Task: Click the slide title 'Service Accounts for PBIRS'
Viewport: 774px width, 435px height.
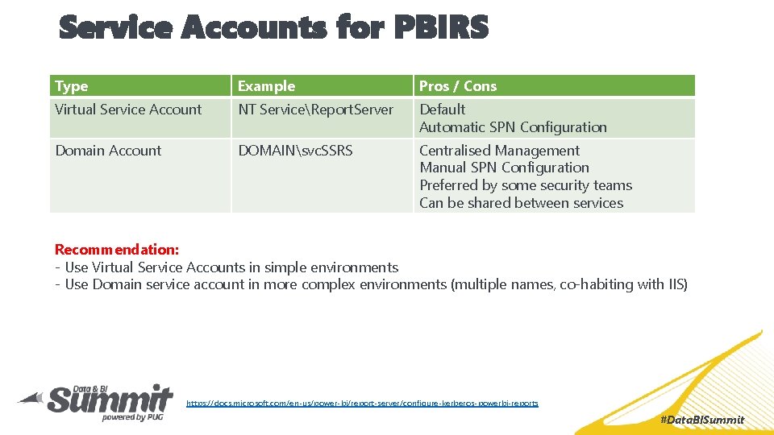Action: click(274, 28)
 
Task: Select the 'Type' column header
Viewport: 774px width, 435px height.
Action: click(72, 86)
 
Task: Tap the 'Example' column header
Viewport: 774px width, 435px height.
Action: click(266, 86)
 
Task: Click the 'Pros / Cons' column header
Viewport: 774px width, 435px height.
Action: click(458, 86)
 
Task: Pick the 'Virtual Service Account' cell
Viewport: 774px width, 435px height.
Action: click(128, 110)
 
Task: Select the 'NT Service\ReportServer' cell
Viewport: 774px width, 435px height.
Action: click(315, 110)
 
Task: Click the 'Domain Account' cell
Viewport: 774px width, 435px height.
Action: click(108, 151)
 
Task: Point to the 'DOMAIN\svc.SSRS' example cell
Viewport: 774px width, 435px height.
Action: click(295, 151)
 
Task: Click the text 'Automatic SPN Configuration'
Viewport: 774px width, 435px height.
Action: click(513, 127)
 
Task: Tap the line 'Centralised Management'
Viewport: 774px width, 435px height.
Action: click(499, 151)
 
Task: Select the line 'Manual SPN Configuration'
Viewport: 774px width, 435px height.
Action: click(504, 168)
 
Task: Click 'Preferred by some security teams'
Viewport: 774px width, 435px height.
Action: click(525, 185)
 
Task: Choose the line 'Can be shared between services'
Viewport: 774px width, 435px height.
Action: click(521, 203)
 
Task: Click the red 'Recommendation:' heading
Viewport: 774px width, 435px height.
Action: click(117, 250)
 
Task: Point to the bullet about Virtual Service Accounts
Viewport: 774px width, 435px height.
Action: click(227, 267)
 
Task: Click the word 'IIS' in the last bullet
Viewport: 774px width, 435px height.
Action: click(675, 284)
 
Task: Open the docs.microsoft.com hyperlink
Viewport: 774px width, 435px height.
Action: click(362, 403)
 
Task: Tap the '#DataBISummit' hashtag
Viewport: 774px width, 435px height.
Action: click(701, 420)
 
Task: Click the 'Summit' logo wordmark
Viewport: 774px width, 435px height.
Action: click(109, 400)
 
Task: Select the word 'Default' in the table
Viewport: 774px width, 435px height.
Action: click(443, 110)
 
